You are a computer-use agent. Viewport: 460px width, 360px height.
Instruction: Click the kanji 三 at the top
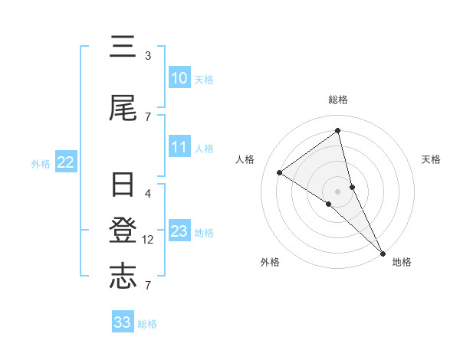coord(123,48)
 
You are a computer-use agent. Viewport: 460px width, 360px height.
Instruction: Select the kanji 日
coord(123,186)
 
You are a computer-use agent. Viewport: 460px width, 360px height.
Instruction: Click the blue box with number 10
coord(179,78)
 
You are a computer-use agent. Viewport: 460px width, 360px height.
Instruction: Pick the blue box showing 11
coord(179,147)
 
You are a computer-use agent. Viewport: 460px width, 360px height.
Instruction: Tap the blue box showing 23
coord(179,231)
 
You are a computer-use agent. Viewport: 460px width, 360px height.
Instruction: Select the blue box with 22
coord(66,162)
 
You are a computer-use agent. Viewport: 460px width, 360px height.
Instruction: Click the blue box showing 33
coord(123,322)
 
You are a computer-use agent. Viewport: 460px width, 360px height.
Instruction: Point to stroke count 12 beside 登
coord(149,240)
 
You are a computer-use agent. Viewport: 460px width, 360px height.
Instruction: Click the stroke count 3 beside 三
coord(147,56)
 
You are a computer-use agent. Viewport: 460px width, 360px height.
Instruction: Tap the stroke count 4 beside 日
coord(148,193)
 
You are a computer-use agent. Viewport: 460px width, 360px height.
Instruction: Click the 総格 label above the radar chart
coord(338,100)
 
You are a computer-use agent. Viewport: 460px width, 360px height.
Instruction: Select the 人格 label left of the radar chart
coord(245,159)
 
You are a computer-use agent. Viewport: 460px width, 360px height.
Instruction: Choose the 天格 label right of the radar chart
coord(432,159)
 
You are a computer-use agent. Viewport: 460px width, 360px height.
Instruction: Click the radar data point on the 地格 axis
coord(383,252)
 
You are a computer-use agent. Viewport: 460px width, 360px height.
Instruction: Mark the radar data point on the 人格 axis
coord(279,172)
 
